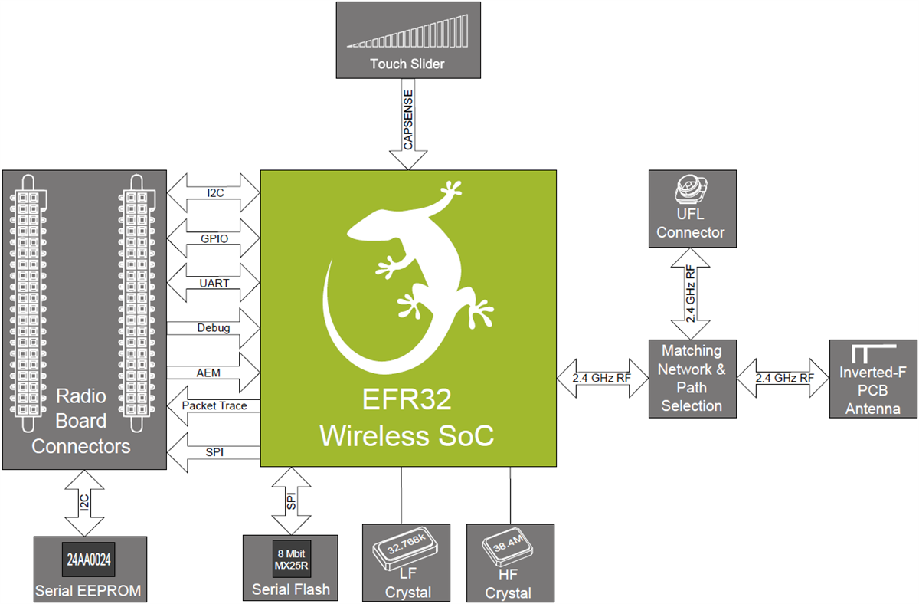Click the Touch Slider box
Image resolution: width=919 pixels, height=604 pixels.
coord(408,39)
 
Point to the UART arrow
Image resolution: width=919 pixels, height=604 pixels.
coord(214,282)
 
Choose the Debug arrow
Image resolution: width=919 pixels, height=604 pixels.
coord(214,327)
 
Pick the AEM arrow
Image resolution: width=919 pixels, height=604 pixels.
coord(214,372)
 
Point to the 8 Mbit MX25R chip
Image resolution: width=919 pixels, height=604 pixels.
coord(290,558)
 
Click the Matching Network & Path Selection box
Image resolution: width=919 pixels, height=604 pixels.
coord(692,378)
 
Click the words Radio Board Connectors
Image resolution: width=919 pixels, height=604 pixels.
coord(81,421)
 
